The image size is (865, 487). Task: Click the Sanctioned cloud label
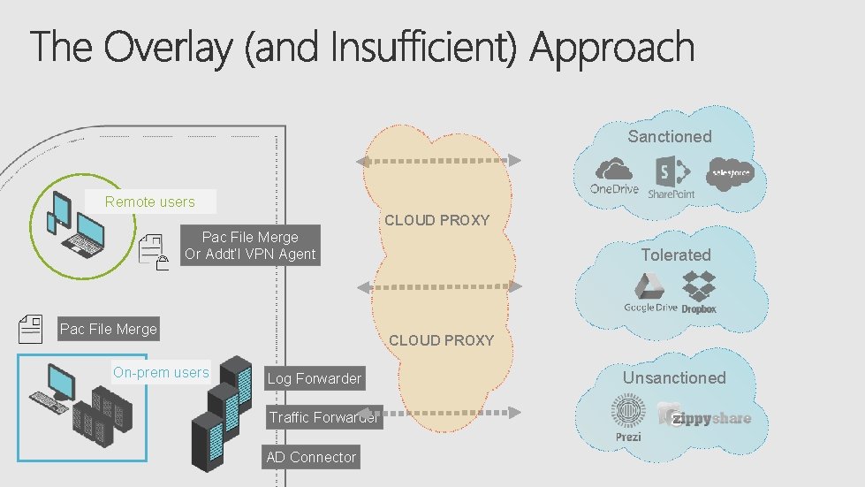click(669, 136)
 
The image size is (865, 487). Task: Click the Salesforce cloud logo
click(730, 172)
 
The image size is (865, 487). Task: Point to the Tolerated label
click(675, 255)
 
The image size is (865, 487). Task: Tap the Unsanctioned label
click(674, 377)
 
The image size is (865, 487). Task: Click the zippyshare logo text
click(709, 417)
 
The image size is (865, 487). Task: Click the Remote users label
click(150, 202)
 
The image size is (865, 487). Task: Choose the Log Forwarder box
click(314, 378)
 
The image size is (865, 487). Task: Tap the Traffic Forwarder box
click(323, 417)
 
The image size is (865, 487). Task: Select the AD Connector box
click(311, 457)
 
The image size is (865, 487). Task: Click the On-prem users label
click(161, 372)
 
